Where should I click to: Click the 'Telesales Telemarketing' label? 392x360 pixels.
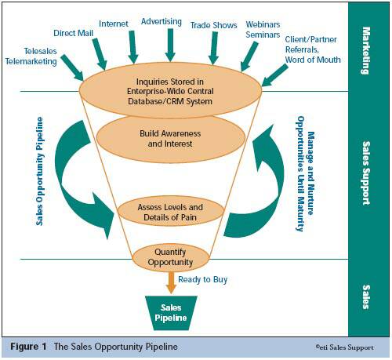pyautogui.click(x=31, y=56)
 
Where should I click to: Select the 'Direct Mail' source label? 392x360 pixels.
pyautogui.click(x=73, y=33)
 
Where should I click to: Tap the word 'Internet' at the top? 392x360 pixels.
pyautogui.click(x=114, y=24)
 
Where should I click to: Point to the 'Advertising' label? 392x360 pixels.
pyautogui.click(x=162, y=21)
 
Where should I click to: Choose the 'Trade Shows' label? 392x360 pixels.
pyautogui.click(x=213, y=25)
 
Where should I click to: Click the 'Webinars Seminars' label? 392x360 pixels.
pyautogui.click(x=263, y=29)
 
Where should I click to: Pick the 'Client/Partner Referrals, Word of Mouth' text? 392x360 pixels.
pyautogui.click(x=313, y=49)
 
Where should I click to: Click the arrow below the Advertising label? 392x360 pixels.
pyautogui.click(x=170, y=45)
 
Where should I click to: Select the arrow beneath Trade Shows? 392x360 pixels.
pyautogui.click(x=214, y=48)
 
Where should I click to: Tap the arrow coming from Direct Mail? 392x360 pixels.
pyautogui.click(x=100, y=54)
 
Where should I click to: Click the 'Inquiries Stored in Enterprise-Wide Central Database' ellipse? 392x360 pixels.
pyautogui.click(x=170, y=90)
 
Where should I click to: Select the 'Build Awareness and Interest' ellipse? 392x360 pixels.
pyautogui.click(x=170, y=139)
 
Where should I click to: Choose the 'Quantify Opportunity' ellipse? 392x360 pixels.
pyautogui.click(x=170, y=257)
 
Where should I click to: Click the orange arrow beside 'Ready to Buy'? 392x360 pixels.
pyautogui.click(x=171, y=282)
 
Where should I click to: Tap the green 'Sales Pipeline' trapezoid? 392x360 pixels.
pyautogui.click(x=171, y=313)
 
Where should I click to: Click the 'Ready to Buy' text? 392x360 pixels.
pyautogui.click(x=203, y=279)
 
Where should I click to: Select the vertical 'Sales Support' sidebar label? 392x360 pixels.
pyautogui.click(x=366, y=173)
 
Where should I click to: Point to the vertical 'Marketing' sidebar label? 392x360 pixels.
pyautogui.click(x=366, y=51)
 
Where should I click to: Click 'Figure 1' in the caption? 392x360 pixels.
pyautogui.click(x=28, y=347)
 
